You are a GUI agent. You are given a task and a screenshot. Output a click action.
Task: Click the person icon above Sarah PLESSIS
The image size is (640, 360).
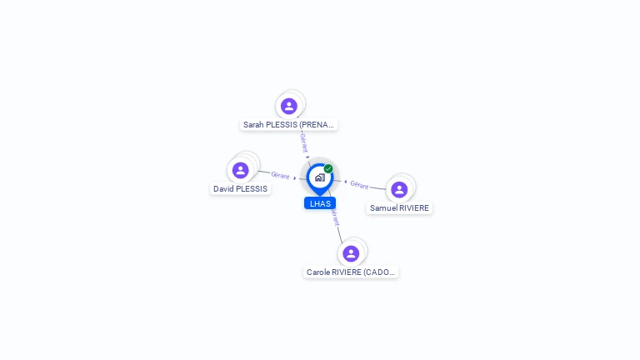[289, 106]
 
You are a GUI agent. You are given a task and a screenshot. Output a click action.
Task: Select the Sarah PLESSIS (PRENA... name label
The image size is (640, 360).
[288, 125]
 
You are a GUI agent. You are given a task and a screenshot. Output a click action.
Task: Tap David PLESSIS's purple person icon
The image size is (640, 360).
[241, 170]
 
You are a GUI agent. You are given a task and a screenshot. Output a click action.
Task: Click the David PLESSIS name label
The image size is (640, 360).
[240, 189]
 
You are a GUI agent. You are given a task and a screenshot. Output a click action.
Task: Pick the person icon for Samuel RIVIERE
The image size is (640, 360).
[399, 189]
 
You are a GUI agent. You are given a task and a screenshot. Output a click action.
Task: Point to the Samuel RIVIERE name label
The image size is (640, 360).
[399, 208]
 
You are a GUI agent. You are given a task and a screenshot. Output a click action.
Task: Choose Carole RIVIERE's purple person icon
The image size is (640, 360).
[351, 253]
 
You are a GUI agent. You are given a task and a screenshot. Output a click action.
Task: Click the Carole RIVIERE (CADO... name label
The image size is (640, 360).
[351, 272]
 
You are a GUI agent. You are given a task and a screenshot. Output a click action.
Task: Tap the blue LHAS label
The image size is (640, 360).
[320, 203]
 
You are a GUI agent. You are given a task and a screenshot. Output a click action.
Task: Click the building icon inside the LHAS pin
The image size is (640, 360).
[319, 177]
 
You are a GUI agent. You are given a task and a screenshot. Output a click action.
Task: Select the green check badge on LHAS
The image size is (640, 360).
[328, 169]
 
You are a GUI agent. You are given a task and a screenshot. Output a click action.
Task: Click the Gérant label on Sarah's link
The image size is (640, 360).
[304, 142]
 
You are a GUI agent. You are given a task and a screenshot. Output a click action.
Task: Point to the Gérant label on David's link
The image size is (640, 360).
[280, 175]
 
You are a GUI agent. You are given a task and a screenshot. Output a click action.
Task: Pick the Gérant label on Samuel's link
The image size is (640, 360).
[359, 184]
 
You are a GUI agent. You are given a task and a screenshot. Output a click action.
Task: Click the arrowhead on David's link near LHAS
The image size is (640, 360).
[295, 177]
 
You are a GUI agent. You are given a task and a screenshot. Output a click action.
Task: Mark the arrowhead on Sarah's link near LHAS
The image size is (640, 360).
[307, 157]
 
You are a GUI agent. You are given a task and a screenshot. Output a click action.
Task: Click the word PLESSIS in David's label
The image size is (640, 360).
[252, 189]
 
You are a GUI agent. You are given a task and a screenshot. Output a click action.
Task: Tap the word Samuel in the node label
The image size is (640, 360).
[383, 208]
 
